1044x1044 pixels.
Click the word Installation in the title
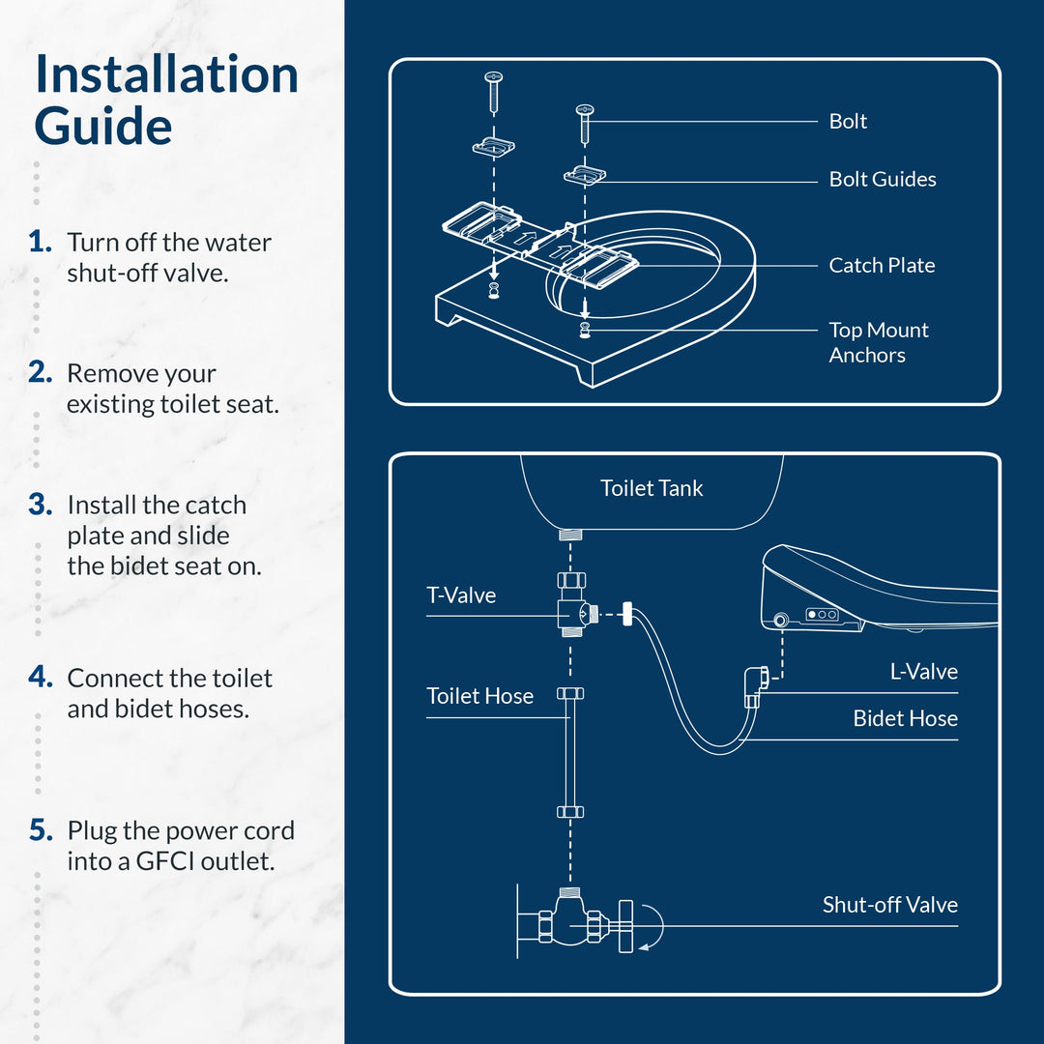166,75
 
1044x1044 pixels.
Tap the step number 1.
40,242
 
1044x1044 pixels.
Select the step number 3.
40,505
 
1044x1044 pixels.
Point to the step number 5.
40,830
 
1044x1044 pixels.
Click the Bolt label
848,122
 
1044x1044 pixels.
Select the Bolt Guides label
883,180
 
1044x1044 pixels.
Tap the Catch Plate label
882,266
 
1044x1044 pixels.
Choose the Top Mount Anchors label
878,342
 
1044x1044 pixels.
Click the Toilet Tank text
652,489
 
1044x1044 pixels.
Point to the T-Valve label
461,595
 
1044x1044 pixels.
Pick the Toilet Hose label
479,696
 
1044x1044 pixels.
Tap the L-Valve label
923,672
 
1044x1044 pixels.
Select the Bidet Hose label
905,719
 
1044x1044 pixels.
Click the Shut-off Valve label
889,906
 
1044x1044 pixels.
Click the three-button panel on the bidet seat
823,615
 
